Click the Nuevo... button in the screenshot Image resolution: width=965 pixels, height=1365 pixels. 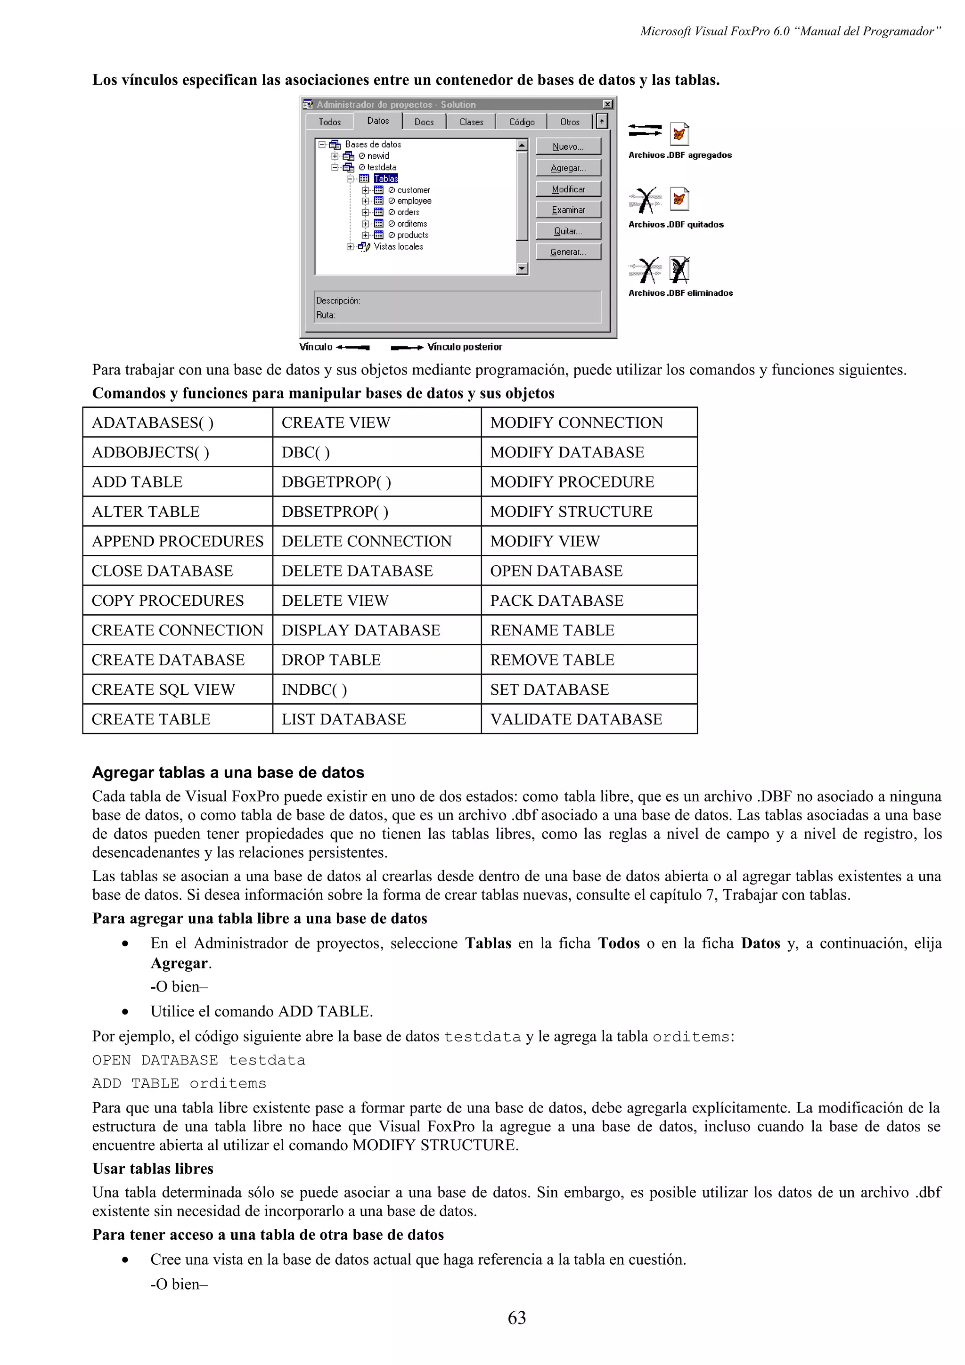[x=568, y=146]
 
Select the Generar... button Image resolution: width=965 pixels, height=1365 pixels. [x=568, y=252]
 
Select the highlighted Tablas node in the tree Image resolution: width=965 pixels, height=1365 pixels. [x=386, y=179]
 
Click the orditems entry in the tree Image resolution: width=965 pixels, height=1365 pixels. [x=411, y=224]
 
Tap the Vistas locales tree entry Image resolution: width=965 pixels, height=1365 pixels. [x=398, y=246]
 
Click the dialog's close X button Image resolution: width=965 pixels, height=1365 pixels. [x=607, y=104]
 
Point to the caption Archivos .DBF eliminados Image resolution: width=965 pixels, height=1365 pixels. [x=680, y=293]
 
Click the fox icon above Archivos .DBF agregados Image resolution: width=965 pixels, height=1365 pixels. [x=679, y=134]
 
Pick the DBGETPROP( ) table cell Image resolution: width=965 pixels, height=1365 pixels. [x=336, y=481]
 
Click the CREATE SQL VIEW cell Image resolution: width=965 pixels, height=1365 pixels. [x=163, y=689]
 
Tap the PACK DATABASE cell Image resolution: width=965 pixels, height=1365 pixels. [x=556, y=601]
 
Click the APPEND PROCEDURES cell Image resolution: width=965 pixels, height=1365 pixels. [x=177, y=541]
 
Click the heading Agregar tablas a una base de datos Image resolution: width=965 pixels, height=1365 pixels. [x=228, y=772]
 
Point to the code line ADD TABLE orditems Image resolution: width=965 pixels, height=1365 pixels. [x=179, y=1083]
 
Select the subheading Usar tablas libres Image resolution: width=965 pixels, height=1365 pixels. [x=152, y=1169]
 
